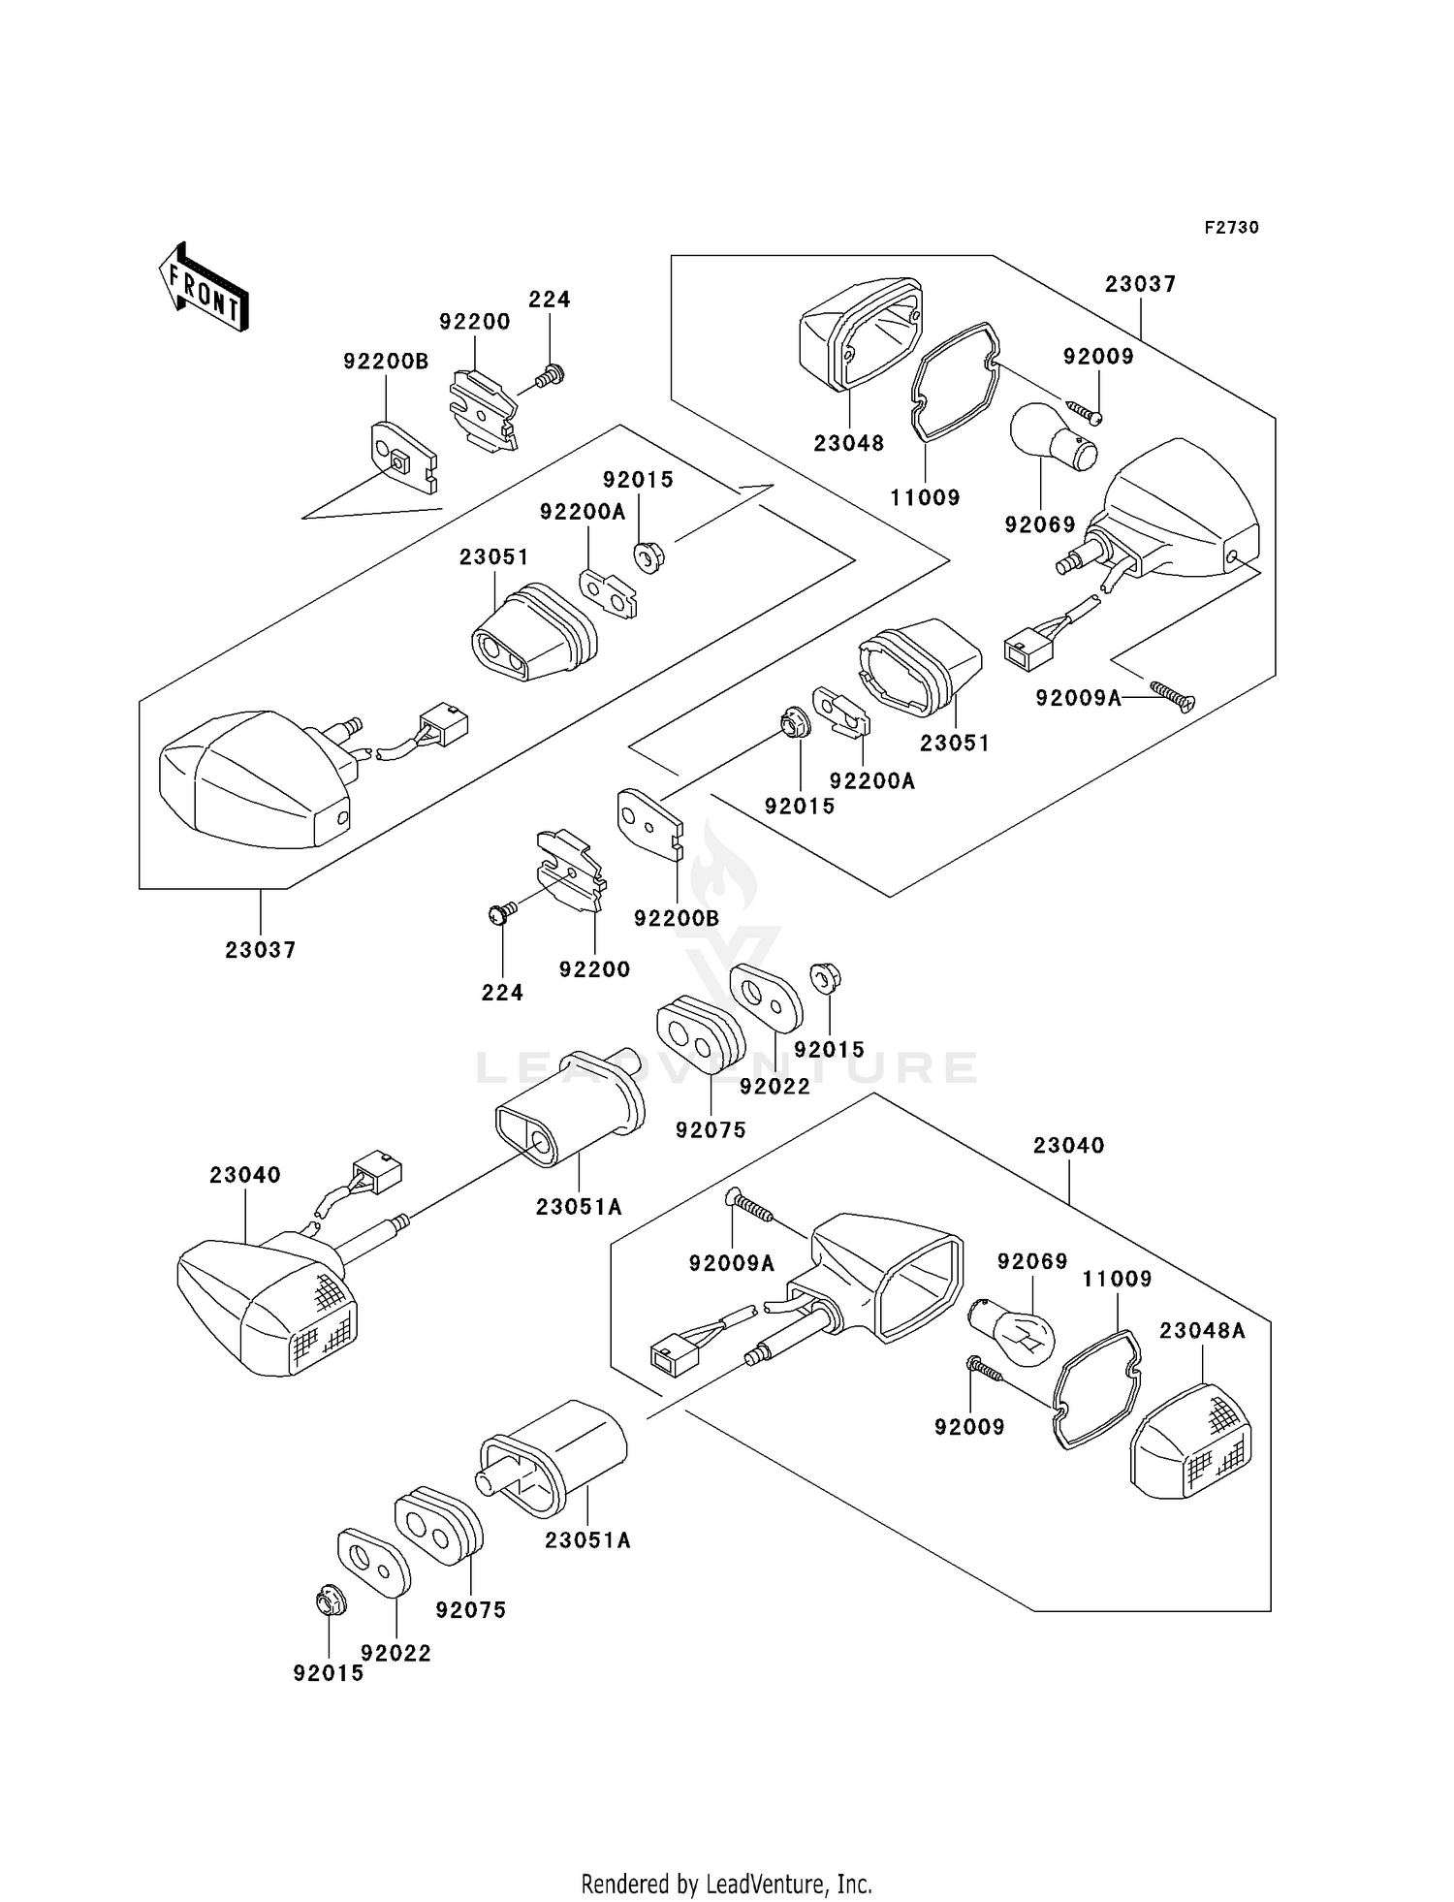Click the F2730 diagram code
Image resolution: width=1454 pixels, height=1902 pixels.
click(1231, 228)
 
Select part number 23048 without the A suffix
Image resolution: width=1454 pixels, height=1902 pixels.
click(848, 444)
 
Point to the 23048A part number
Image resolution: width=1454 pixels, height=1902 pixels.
click(1202, 1331)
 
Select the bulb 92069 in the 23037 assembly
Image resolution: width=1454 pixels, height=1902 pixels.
click(1051, 436)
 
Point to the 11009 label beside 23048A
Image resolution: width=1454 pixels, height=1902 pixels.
click(1117, 1280)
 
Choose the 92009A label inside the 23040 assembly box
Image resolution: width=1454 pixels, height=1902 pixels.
click(732, 1263)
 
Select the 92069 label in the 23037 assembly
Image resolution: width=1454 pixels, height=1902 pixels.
click(1040, 525)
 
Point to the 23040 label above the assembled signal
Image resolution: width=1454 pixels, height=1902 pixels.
click(244, 1175)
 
